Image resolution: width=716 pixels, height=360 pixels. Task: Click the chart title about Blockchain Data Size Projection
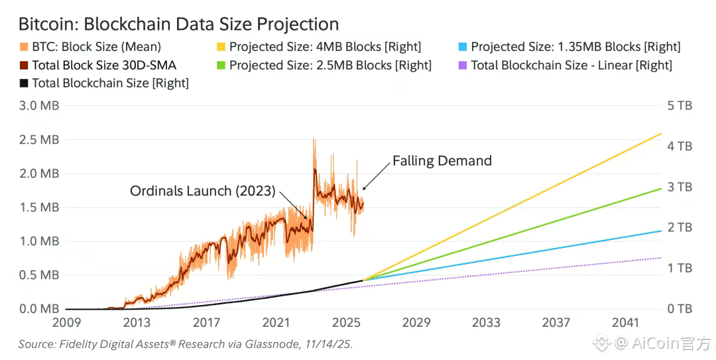tap(178, 25)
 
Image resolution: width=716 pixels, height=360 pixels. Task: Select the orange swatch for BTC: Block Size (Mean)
tap(24, 47)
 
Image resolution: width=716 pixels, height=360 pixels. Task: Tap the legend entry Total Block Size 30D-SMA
tap(103, 65)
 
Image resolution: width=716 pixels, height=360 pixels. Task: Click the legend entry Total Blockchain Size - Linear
tap(571, 65)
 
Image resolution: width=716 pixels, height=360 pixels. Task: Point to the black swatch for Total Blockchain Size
tap(24, 84)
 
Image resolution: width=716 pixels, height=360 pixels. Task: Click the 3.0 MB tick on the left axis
tap(39, 105)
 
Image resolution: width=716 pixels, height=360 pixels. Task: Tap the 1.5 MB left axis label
tap(39, 208)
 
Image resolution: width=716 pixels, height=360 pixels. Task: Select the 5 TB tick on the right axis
tap(680, 105)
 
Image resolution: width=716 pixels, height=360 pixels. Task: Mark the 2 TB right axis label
tap(680, 227)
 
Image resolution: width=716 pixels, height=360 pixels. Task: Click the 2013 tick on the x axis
tap(137, 323)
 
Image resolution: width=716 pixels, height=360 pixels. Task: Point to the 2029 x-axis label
tap(416, 323)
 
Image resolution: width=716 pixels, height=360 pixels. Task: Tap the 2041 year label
tap(626, 323)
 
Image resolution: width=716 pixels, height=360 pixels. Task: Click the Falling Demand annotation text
tap(442, 160)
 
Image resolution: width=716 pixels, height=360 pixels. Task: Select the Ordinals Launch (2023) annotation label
tap(202, 191)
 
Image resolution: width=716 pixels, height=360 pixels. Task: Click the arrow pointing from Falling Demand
tap(375, 178)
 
